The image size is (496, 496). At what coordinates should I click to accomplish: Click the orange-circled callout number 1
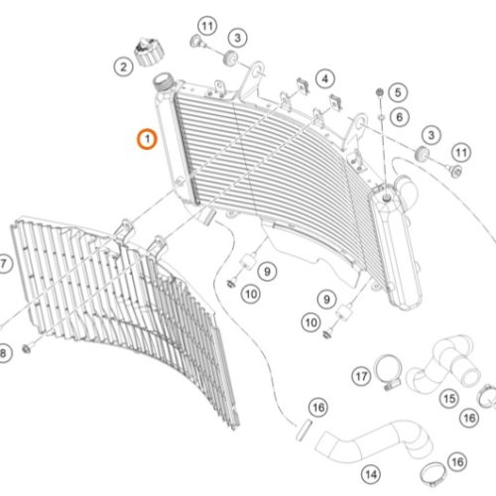(147, 139)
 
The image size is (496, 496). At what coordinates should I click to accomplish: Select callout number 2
(123, 67)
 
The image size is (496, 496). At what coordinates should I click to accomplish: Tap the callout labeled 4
(325, 79)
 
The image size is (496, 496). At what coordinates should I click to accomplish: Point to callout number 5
(398, 92)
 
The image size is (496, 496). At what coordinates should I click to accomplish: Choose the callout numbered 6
(400, 117)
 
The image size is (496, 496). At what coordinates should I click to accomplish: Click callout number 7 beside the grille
(4, 264)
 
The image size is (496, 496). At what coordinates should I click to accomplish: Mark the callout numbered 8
(3, 353)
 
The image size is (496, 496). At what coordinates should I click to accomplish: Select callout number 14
(371, 475)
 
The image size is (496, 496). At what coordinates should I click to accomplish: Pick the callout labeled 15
(449, 399)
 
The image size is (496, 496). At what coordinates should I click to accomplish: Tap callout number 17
(361, 376)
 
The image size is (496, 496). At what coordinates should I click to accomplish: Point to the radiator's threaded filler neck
(163, 82)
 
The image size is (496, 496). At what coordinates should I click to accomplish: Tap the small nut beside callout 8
(27, 348)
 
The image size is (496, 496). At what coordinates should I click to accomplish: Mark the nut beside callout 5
(380, 92)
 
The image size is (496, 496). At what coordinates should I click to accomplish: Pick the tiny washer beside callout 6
(382, 117)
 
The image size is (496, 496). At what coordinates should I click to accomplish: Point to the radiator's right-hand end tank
(395, 246)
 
